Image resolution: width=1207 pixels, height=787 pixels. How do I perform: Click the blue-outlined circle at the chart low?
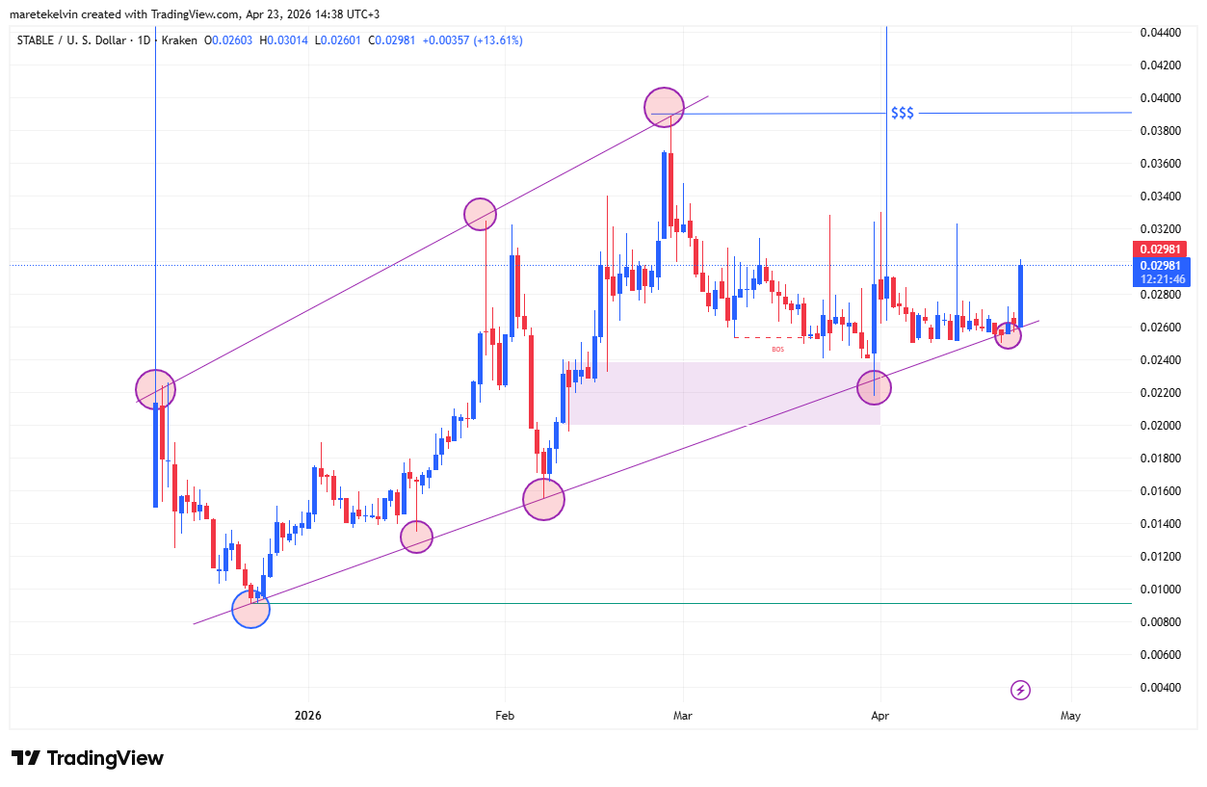pos(250,609)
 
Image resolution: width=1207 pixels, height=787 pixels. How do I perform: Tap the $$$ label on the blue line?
pos(903,114)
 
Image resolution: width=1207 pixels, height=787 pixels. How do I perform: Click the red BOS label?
pos(777,349)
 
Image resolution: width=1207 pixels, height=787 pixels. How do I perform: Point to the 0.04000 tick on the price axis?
pos(1160,98)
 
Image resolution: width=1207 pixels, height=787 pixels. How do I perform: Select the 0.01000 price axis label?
pos(1160,590)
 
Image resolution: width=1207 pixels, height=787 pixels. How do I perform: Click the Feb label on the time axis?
pos(506,716)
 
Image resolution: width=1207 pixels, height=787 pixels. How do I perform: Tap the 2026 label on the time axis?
pos(309,716)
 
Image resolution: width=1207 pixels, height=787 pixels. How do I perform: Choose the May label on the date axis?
pos(1070,716)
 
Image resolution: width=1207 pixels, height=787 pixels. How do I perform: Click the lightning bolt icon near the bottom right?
pos(1021,690)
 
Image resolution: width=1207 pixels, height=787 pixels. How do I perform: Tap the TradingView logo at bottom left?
pos(88,758)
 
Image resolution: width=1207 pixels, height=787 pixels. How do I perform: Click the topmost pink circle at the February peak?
pos(664,107)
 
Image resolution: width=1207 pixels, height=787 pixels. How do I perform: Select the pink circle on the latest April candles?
pos(1008,335)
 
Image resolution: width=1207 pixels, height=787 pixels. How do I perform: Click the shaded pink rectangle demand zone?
pos(722,394)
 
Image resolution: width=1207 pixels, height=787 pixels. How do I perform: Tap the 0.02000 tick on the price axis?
pos(1160,426)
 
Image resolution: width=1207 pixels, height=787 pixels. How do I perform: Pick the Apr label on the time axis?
pos(879,716)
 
